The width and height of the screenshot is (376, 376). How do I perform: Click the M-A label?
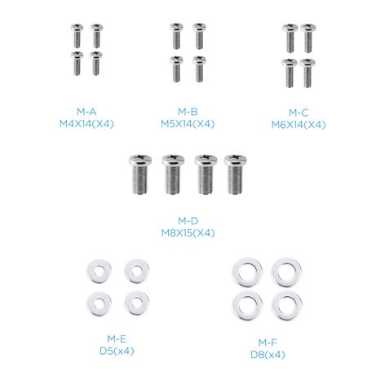(86, 112)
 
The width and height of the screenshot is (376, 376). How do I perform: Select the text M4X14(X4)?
(86, 124)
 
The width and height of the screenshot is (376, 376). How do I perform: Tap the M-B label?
(188, 112)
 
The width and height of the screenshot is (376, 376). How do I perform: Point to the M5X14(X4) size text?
(188, 124)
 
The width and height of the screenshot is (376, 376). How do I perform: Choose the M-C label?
(299, 113)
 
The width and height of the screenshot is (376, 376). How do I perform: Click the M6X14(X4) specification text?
(299, 125)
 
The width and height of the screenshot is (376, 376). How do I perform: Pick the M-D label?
(188, 221)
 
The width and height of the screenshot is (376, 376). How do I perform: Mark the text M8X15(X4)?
(188, 233)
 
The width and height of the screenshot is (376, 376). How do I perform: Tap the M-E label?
(117, 338)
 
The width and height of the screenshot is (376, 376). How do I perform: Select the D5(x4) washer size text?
(117, 352)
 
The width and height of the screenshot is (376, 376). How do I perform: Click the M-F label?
(268, 343)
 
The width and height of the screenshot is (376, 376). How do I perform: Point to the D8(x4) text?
(268, 355)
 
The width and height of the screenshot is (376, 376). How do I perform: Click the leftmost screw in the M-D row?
(140, 175)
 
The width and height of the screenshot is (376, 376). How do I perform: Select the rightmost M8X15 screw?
(236, 175)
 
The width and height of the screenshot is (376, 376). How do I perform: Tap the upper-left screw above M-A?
(77, 36)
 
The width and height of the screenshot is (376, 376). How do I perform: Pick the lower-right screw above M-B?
(199, 69)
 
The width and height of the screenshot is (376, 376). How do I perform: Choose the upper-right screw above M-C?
(308, 38)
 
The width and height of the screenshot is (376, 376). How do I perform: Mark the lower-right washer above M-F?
(287, 306)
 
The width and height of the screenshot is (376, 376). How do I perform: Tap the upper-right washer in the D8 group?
(286, 272)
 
